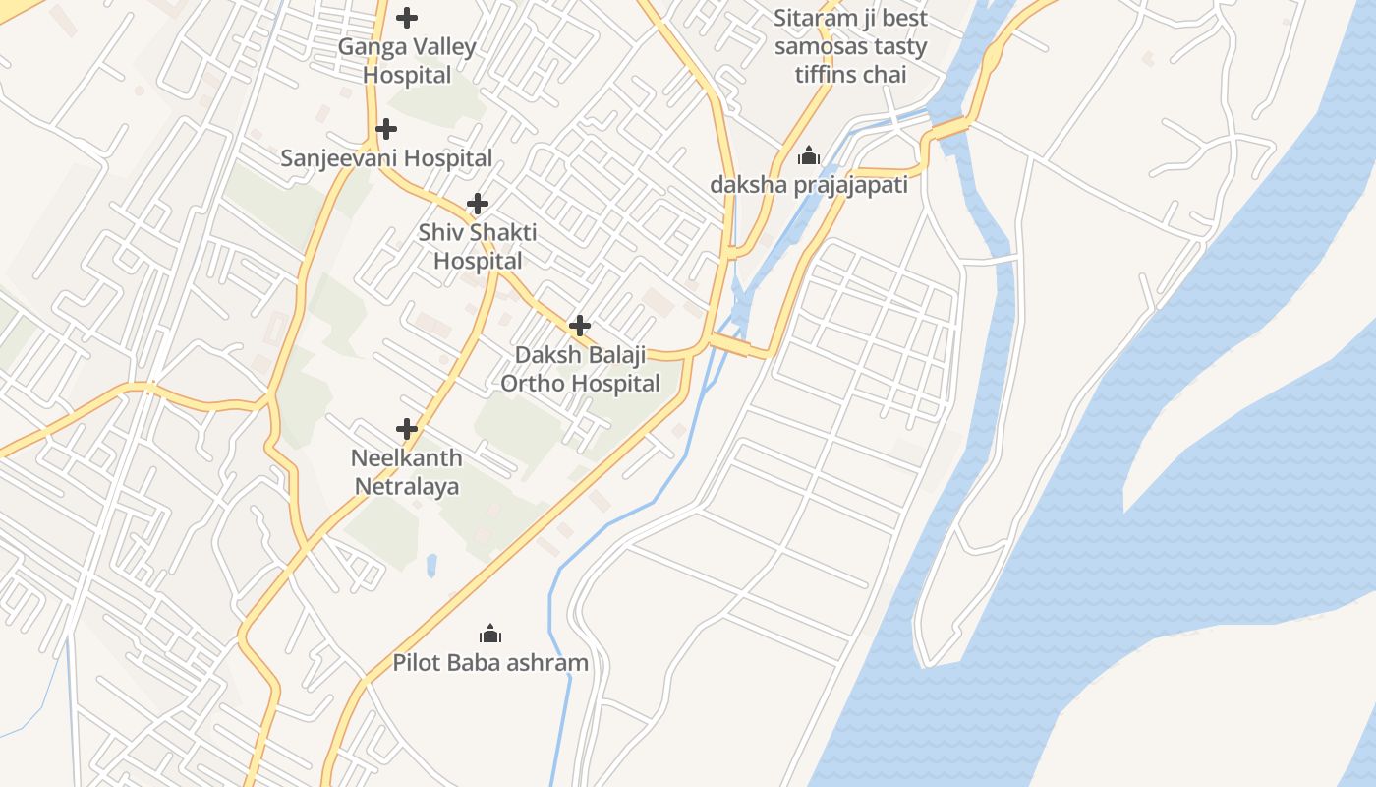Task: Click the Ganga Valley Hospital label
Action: click(407, 60)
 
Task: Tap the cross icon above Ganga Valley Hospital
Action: click(407, 18)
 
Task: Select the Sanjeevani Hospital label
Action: click(386, 158)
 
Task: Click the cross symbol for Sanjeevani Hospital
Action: click(386, 129)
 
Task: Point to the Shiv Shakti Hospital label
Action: click(478, 247)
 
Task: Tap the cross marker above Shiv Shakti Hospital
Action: click(478, 204)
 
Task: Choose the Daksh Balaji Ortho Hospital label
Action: click(580, 369)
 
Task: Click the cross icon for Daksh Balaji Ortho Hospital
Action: click(580, 326)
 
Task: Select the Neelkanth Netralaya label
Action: click(407, 472)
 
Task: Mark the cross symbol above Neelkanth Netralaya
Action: click(407, 429)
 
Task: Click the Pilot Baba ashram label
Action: click(490, 663)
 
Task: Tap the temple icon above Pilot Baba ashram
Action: click(490, 634)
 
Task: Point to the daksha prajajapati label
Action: click(809, 185)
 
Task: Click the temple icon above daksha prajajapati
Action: click(809, 155)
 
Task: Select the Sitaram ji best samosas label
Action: click(850, 46)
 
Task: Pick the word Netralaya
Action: click(407, 487)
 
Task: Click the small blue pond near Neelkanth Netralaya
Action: click(431, 566)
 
